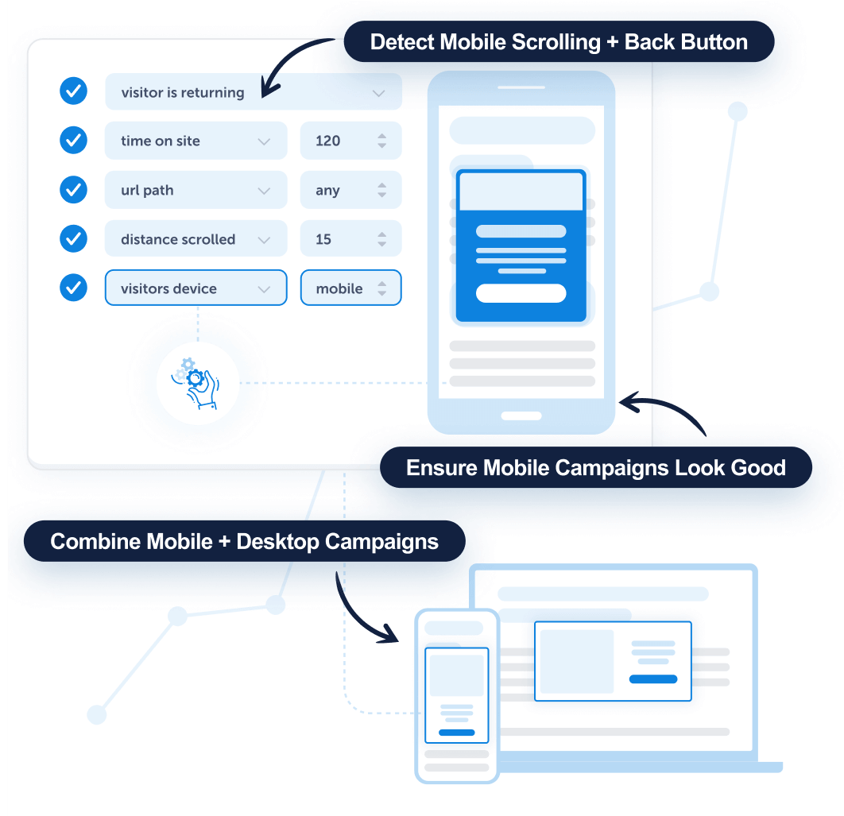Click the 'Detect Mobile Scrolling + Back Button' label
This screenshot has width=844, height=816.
(559, 41)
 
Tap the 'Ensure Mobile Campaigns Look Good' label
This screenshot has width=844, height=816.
(595, 467)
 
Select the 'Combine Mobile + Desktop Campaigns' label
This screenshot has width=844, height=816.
(244, 541)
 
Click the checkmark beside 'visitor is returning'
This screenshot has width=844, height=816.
(74, 91)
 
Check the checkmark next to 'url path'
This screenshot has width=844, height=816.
(74, 190)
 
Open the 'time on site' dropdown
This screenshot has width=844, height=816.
(196, 141)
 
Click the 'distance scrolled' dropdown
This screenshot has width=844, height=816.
(196, 239)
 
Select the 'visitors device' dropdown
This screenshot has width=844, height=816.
(196, 288)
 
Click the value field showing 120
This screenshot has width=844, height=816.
(350, 141)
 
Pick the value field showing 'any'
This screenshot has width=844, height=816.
(350, 190)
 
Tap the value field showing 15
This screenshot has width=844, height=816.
(350, 239)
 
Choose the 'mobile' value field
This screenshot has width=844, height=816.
(350, 288)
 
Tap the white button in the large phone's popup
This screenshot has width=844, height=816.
(521, 293)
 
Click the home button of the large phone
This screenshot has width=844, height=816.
(521, 416)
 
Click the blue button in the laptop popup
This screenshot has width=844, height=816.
(652, 679)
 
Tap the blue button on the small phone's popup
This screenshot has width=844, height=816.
(456, 732)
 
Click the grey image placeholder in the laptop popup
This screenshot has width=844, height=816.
(577, 661)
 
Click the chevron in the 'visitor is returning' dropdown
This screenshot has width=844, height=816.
(378, 93)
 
